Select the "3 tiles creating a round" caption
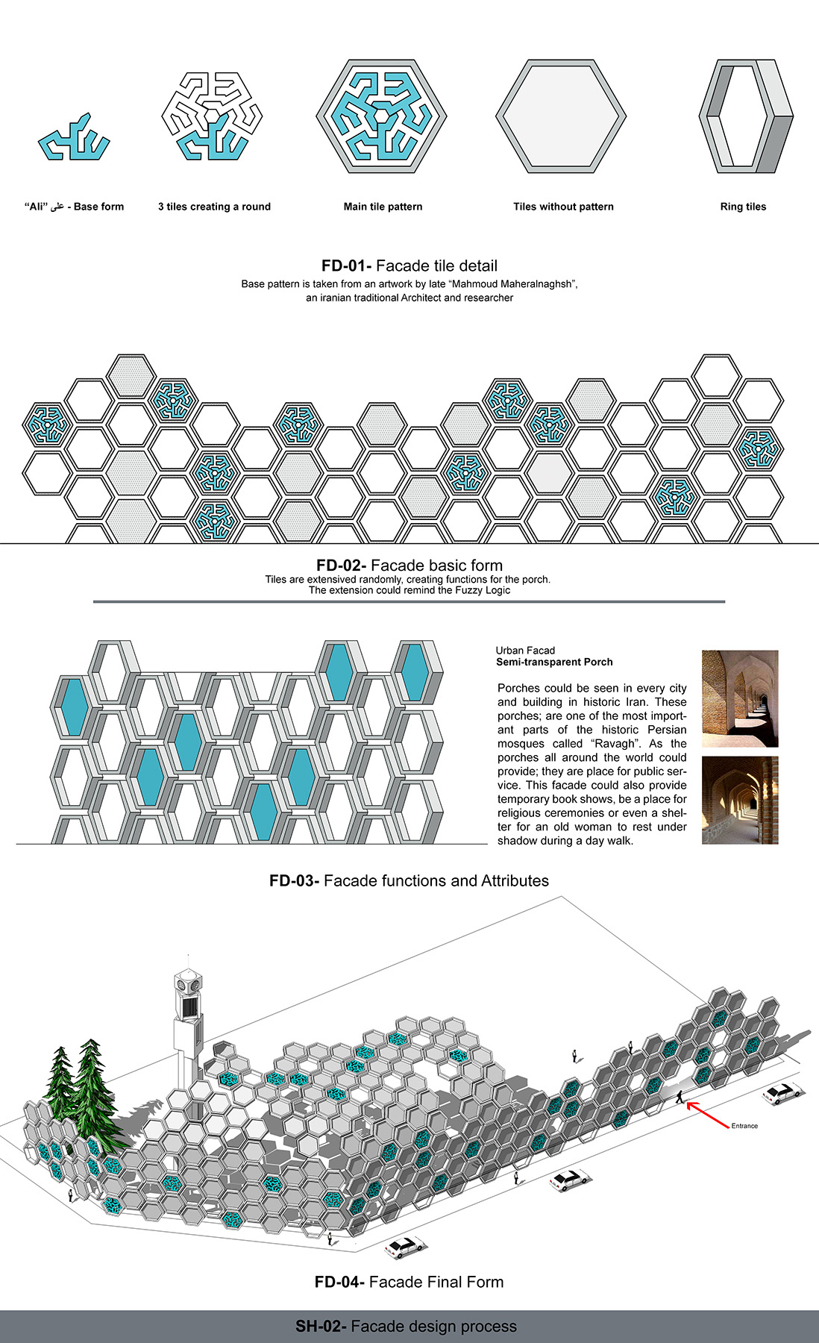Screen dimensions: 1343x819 [x=214, y=207]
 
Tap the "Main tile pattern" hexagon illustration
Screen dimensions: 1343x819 [x=381, y=116]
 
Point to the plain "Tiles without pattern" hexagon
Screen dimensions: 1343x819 [x=561, y=116]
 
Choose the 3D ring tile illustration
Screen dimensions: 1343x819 [x=745, y=116]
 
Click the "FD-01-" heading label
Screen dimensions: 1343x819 [x=346, y=266]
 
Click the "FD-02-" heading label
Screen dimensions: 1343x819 [x=341, y=566]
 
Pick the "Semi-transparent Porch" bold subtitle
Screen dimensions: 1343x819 [x=554, y=662]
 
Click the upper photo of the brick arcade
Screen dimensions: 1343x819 [x=740, y=698]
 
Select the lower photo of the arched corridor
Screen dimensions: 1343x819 [x=740, y=801]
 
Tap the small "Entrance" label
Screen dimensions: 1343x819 [x=744, y=1126]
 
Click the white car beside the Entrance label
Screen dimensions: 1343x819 [x=782, y=1093]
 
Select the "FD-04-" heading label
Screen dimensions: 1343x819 [x=339, y=1282]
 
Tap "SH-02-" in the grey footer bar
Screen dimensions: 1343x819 [x=321, y=1326]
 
